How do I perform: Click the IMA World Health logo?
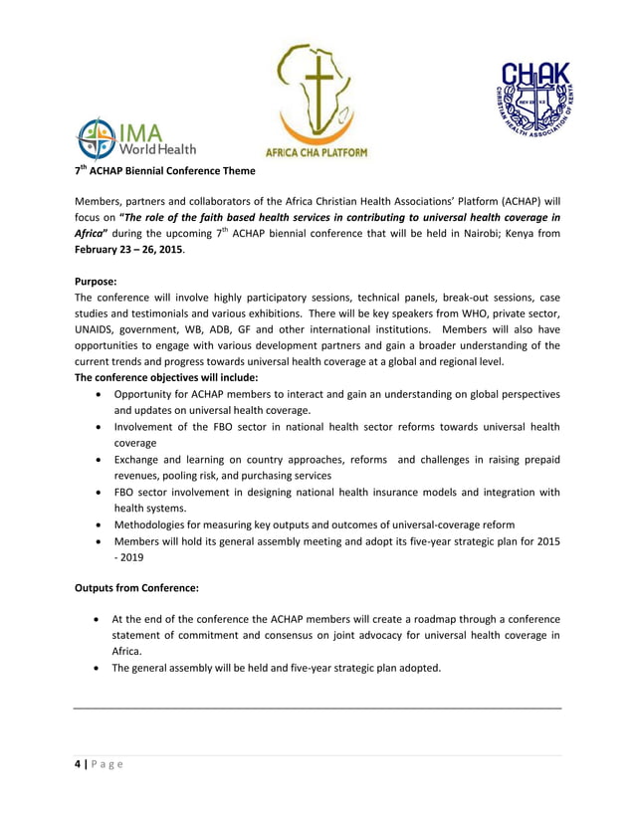tap(137, 139)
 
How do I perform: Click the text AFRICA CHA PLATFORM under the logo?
tap(316, 152)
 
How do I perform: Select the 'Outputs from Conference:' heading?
tap(137, 588)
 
